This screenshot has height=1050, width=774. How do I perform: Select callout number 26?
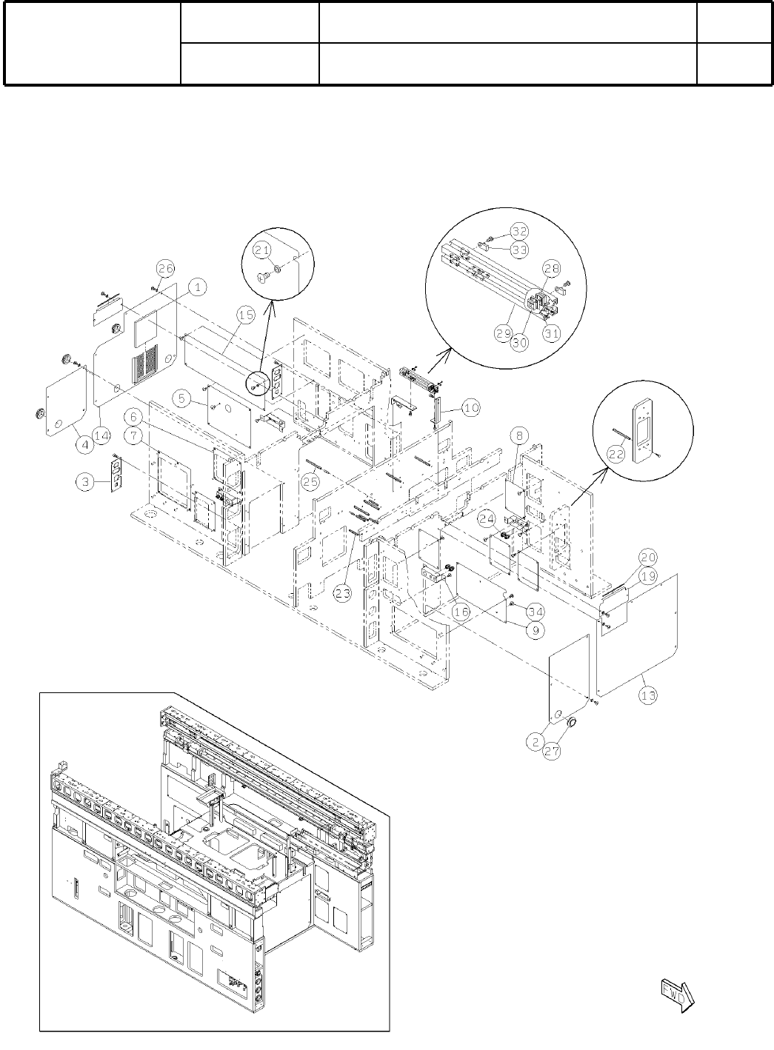pyautogui.click(x=166, y=267)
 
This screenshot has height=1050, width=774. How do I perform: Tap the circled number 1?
pyautogui.click(x=198, y=285)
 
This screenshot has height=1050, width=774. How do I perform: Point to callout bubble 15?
pyautogui.click(x=247, y=315)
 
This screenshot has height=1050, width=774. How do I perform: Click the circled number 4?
pyautogui.click(x=85, y=444)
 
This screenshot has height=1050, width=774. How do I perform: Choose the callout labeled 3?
pyautogui.click(x=86, y=482)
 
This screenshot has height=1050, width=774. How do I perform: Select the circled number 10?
pyautogui.click(x=471, y=407)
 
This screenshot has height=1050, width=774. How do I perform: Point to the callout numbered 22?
pyautogui.click(x=616, y=457)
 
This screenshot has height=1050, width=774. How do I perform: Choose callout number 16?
pyautogui.click(x=461, y=612)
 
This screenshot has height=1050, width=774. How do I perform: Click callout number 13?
pyautogui.click(x=649, y=695)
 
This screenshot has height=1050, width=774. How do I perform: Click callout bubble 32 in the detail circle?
pyautogui.click(x=518, y=230)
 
